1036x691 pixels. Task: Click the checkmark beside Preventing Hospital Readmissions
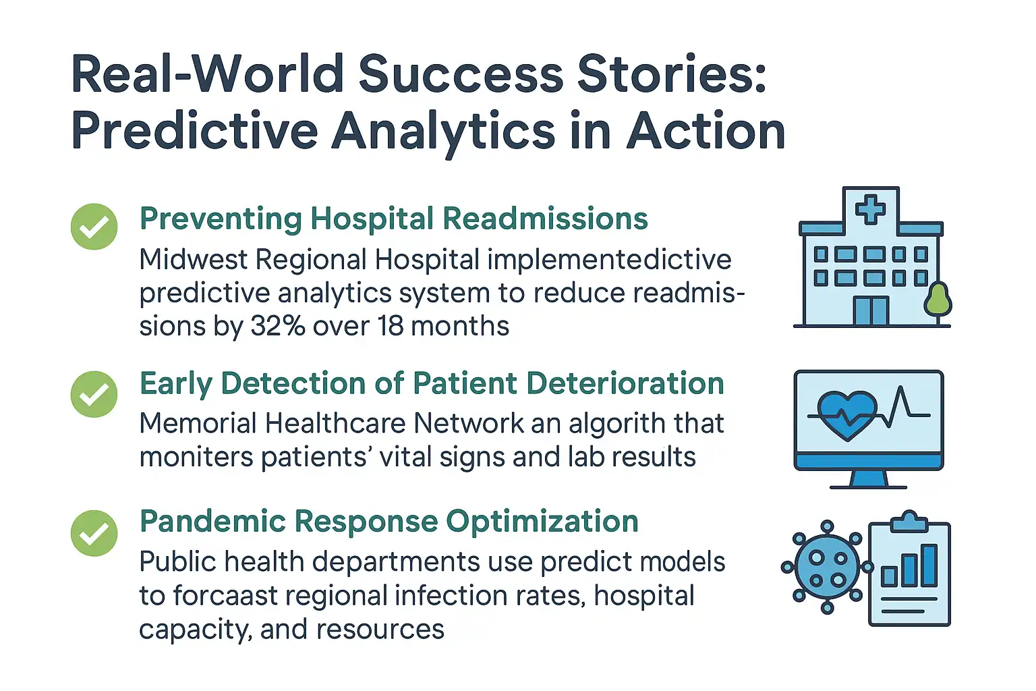(94, 227)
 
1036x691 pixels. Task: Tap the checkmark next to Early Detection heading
(94, 394)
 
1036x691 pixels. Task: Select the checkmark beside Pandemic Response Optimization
(94, 533)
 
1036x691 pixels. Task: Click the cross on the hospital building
(870, 209)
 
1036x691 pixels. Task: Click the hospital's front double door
(871, 311)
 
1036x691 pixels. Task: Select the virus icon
(827, 568)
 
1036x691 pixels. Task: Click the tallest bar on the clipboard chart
(929, 565)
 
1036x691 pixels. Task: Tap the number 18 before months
(391, 327)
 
